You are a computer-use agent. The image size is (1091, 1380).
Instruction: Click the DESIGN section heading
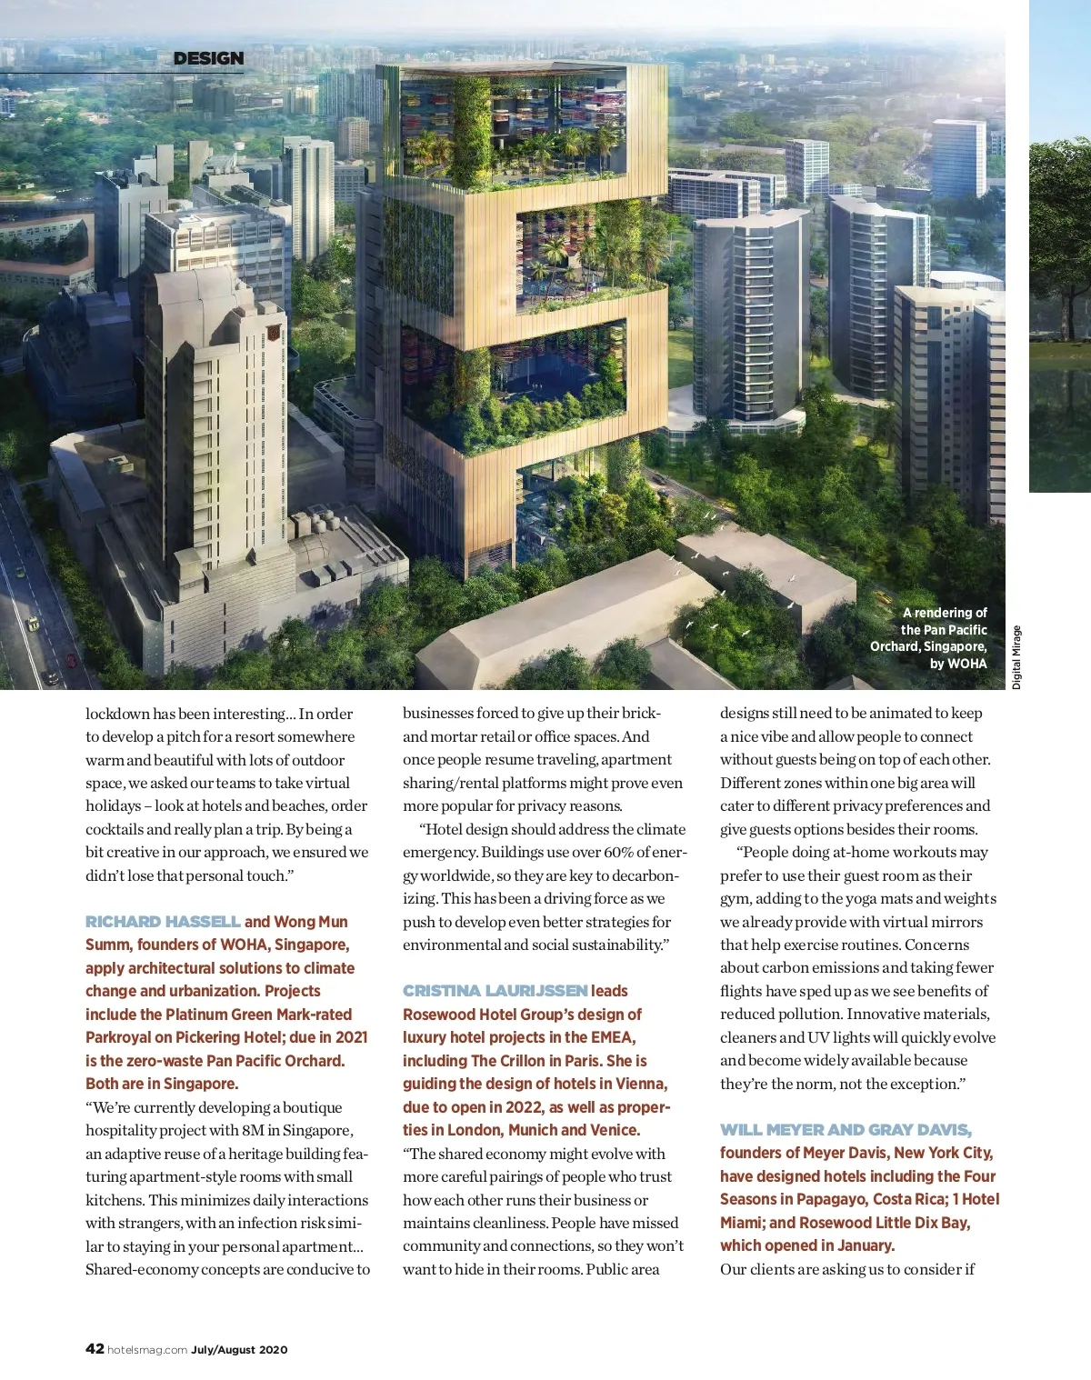pos(208,58)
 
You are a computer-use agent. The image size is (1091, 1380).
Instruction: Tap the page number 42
pos(95,1348)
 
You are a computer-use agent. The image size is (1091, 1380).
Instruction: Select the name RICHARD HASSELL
pos(163,922)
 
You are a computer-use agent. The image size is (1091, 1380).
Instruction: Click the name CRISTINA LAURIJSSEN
pos(495,991)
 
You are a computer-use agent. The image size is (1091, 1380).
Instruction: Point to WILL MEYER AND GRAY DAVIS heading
pos(846,1130)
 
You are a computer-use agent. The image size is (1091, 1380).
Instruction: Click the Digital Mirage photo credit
pos(1016,657)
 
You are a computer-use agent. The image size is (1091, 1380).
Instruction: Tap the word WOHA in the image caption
pos(966,664)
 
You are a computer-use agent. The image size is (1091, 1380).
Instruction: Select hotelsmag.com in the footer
pos(147,1349)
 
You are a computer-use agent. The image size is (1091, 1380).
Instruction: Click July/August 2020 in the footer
pos(239,1349)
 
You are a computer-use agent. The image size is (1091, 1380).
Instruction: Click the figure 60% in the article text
pos(618,852)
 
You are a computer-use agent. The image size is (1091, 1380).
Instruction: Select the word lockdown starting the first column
pos(117,714)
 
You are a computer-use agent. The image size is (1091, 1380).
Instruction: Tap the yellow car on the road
pos(34,624)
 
